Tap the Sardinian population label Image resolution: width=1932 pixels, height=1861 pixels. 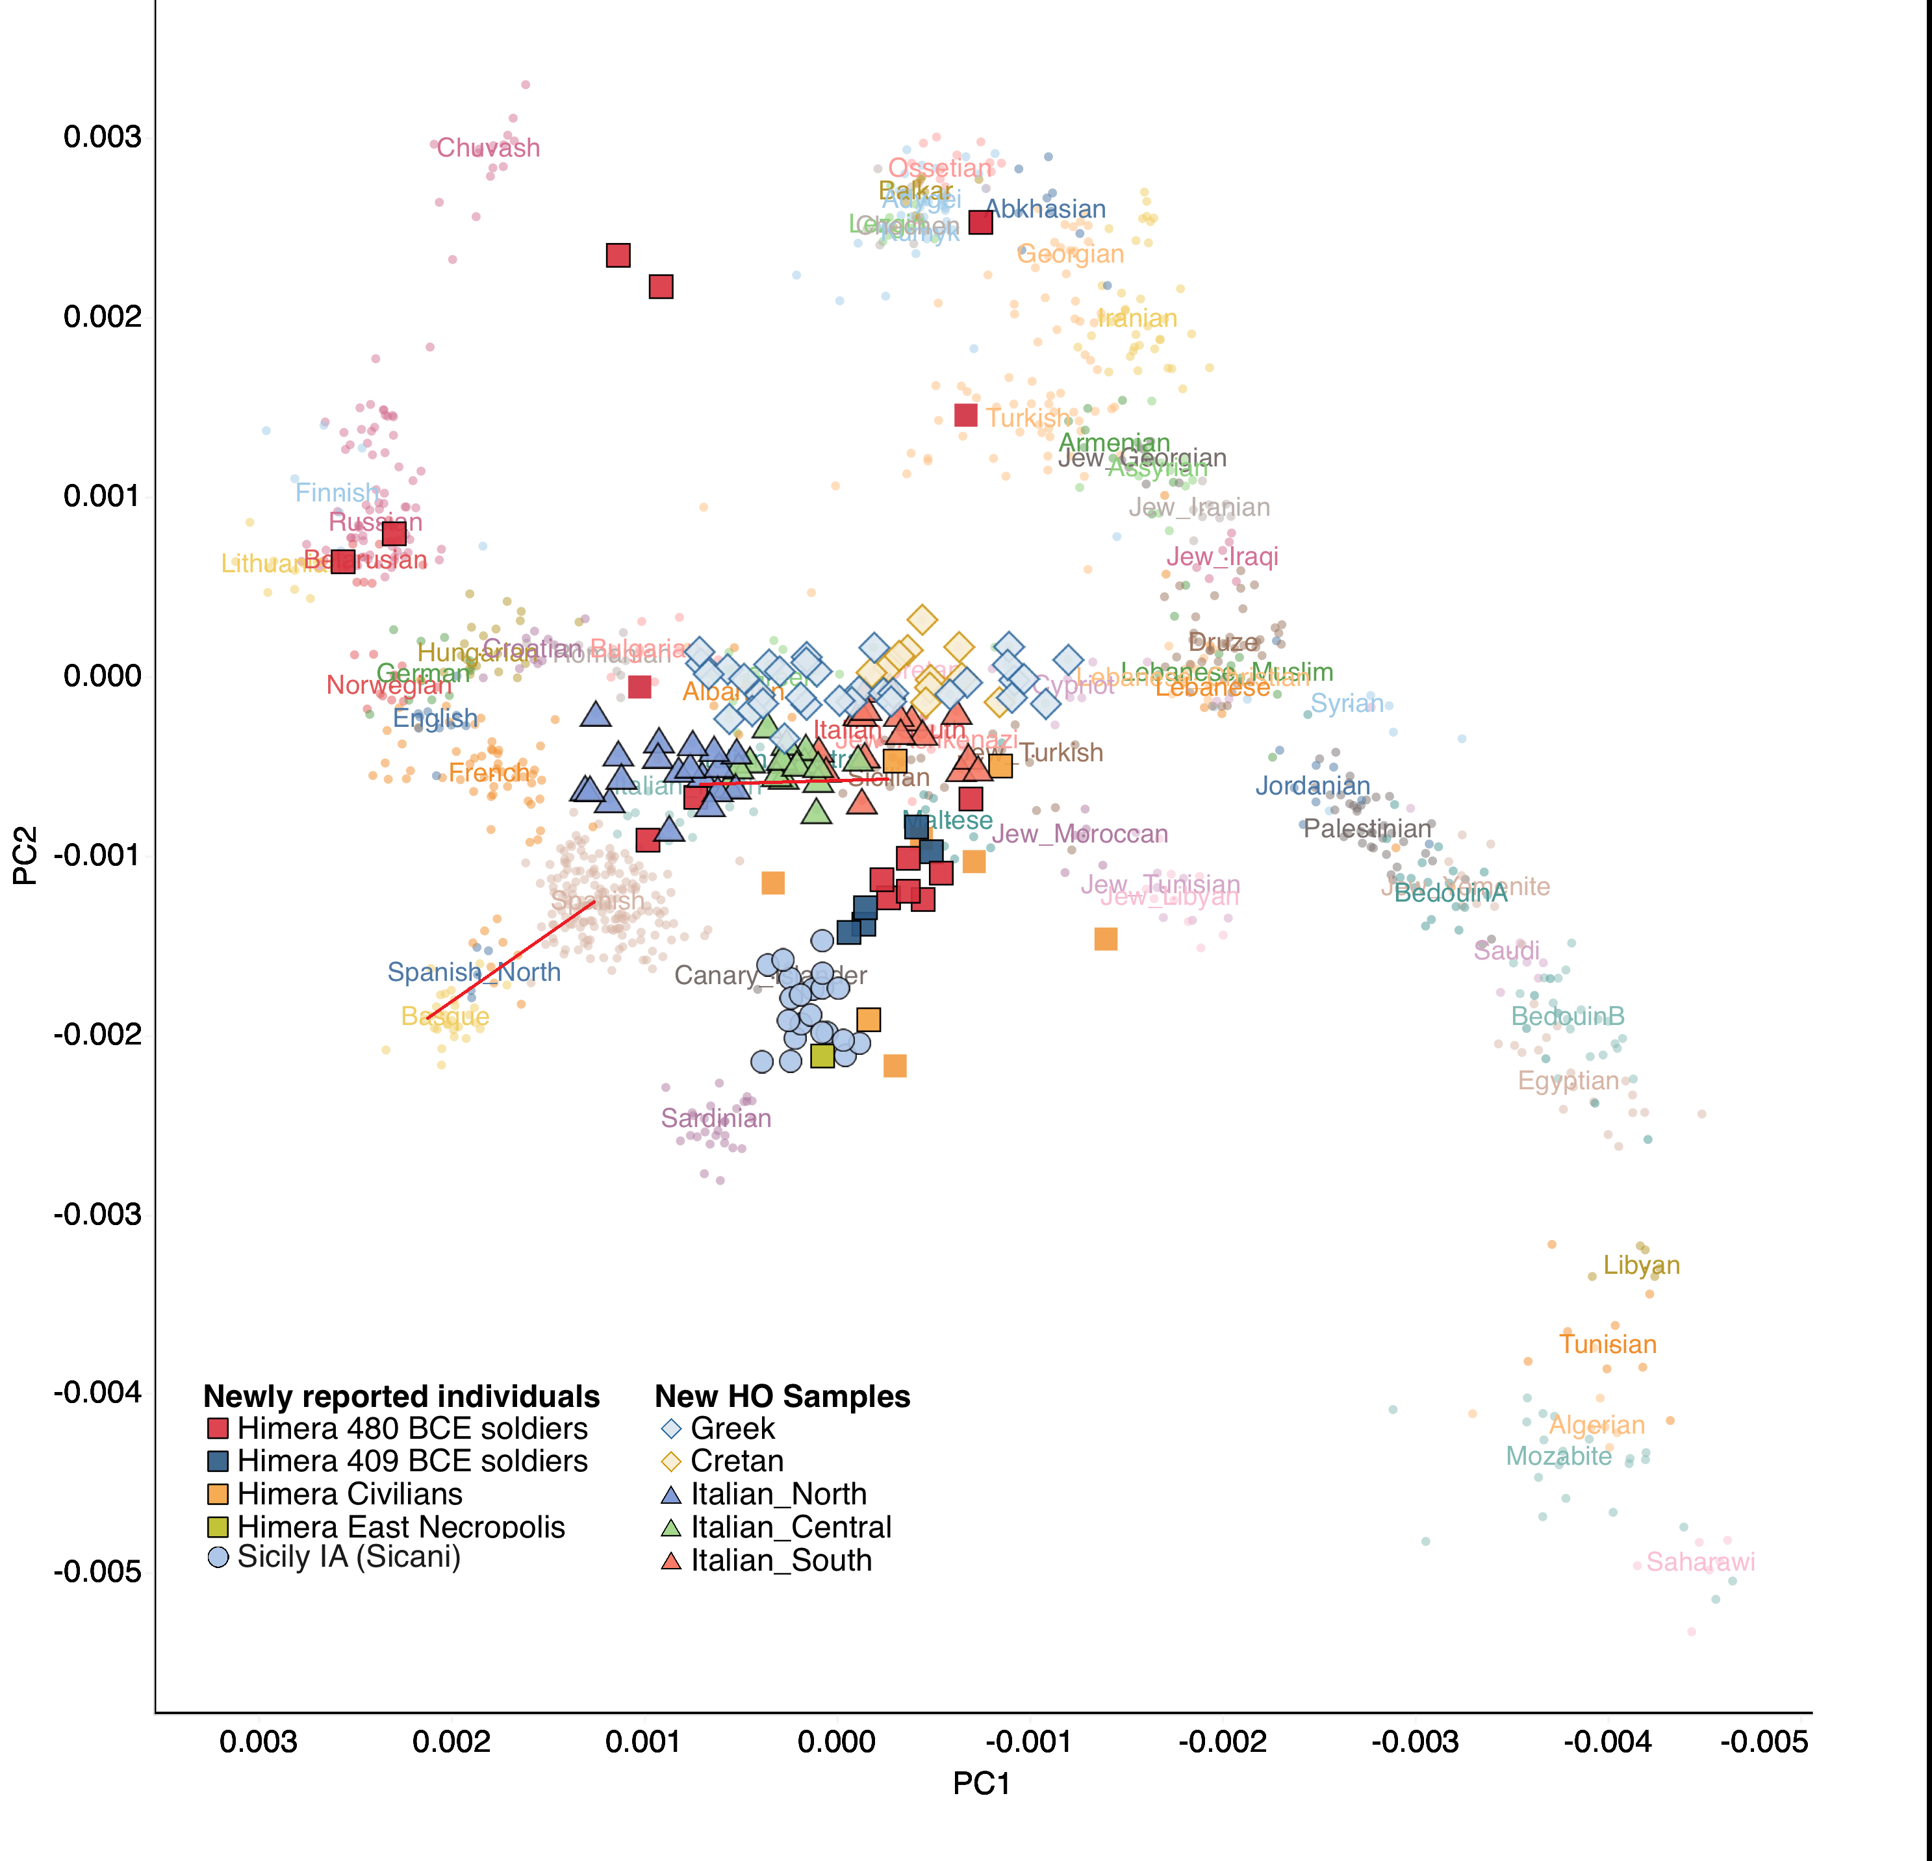(x=716, y=1118)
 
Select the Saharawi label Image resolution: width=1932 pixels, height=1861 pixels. (x=1700, y=1562)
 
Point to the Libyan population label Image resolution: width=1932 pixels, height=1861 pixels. (x=1641, y=1265)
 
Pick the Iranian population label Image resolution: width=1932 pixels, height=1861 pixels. (x=1138, y=318)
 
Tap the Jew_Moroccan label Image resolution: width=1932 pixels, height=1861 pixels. (x=1079, y=834)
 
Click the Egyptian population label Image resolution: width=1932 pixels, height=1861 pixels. (x=1568, y=1080)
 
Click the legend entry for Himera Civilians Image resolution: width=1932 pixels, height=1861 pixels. (x=350, y=1494)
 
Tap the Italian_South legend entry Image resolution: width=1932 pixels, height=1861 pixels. (x=781, y=1560)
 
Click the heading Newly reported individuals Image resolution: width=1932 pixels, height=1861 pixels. (x=401, y=1397)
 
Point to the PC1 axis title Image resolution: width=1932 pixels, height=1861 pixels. (x=981, y=1784)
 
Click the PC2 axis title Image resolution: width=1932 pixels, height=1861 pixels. (x=25, y=855)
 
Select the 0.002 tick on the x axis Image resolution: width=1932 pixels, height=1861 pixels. (x=451, y=1741)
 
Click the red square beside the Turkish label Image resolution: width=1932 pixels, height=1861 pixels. (x=966, y=415)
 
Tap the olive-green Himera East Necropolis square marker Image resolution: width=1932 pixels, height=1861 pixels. (x=822, y=1056)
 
